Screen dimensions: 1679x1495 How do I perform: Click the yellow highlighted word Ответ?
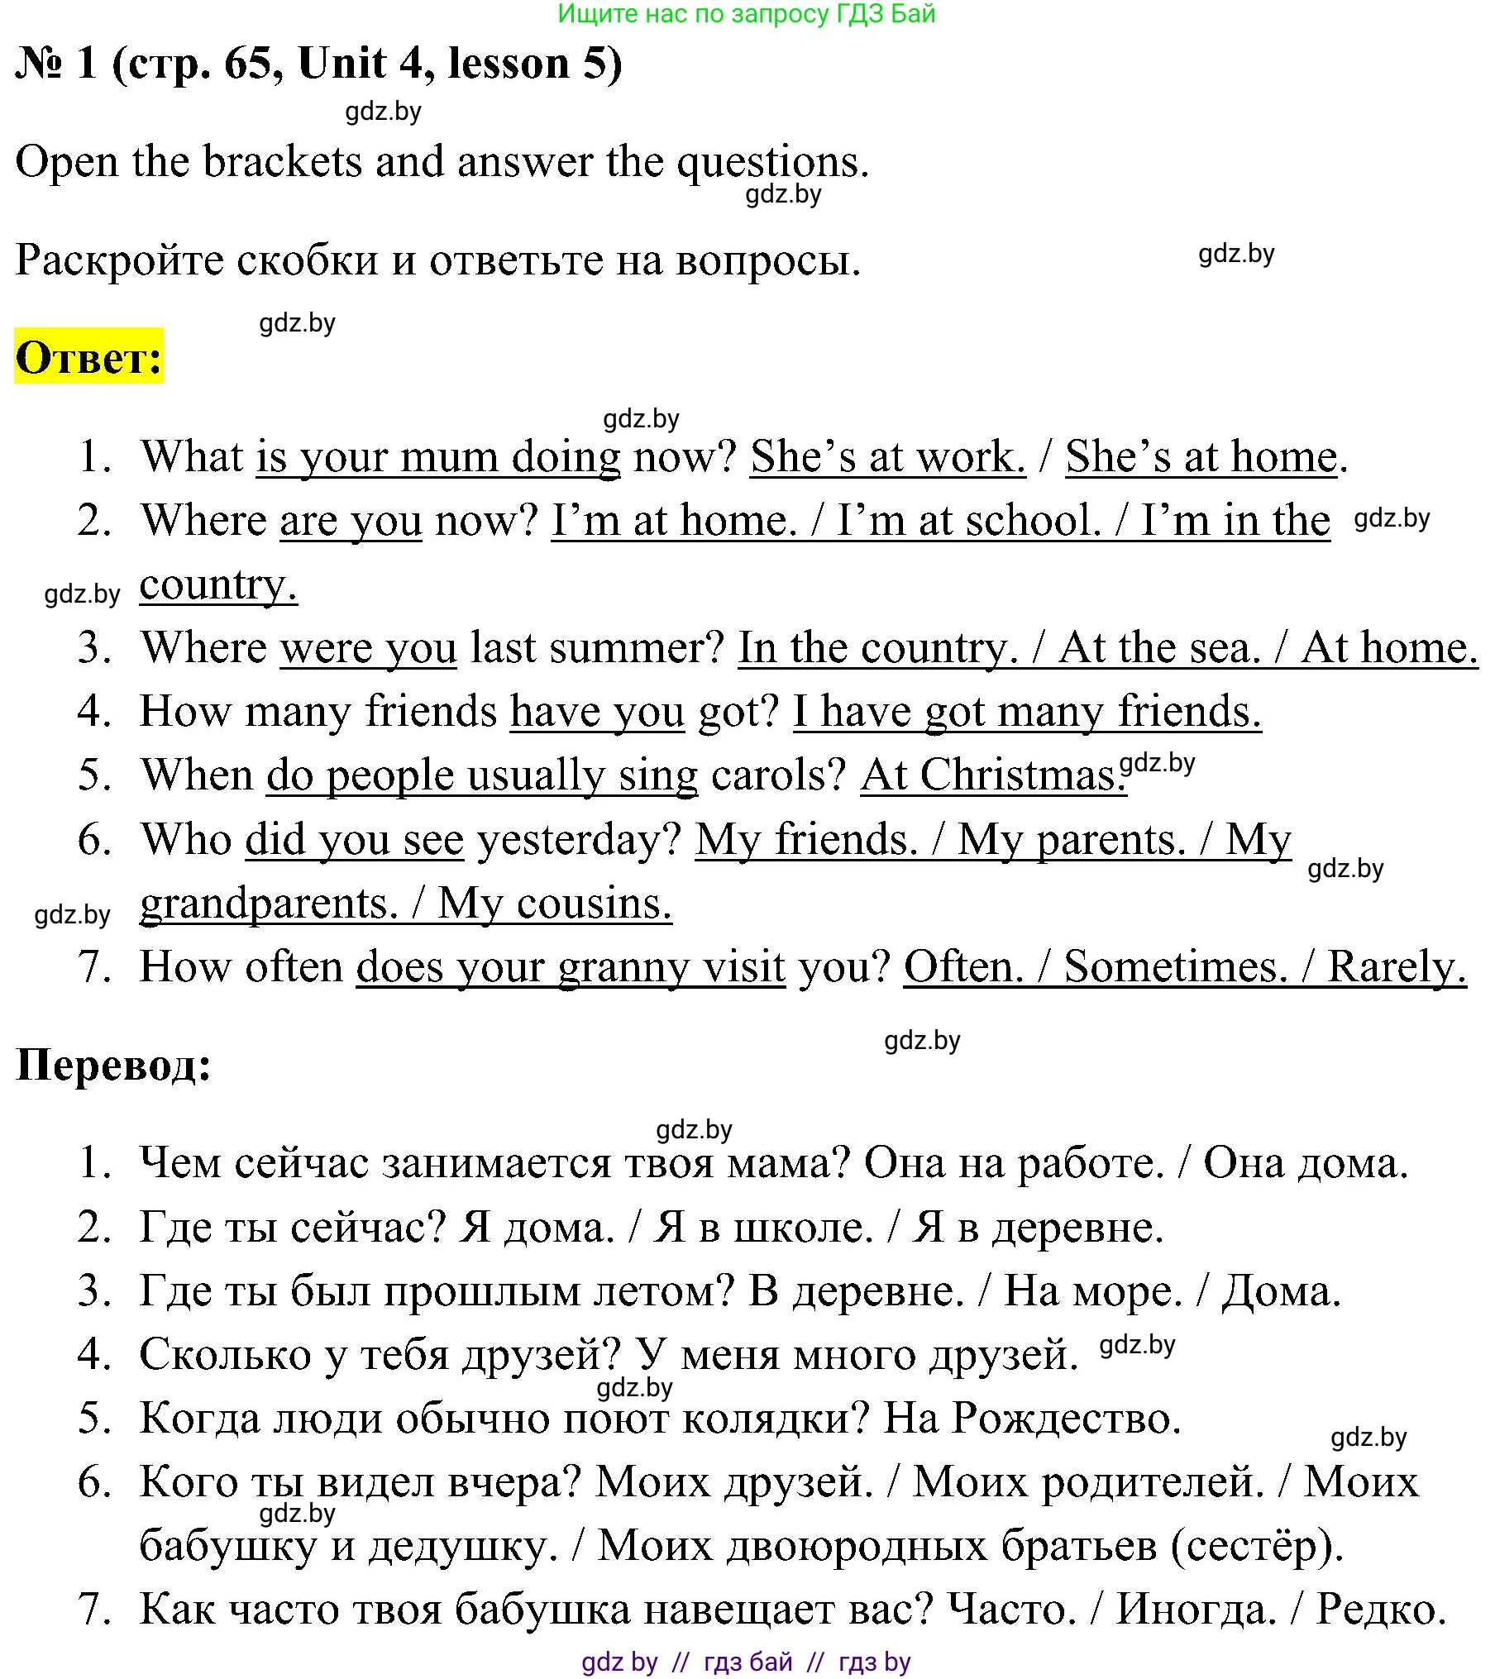88,357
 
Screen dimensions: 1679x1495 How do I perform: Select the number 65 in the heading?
246,64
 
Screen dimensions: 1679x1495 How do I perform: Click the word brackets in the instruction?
282,161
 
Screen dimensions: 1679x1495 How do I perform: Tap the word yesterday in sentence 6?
579,839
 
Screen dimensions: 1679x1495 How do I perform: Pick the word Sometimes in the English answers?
1175,966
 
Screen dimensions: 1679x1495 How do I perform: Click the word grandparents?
269,904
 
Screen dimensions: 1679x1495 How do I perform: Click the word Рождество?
1066,1418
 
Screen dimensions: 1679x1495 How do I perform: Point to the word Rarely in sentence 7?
1396,966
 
